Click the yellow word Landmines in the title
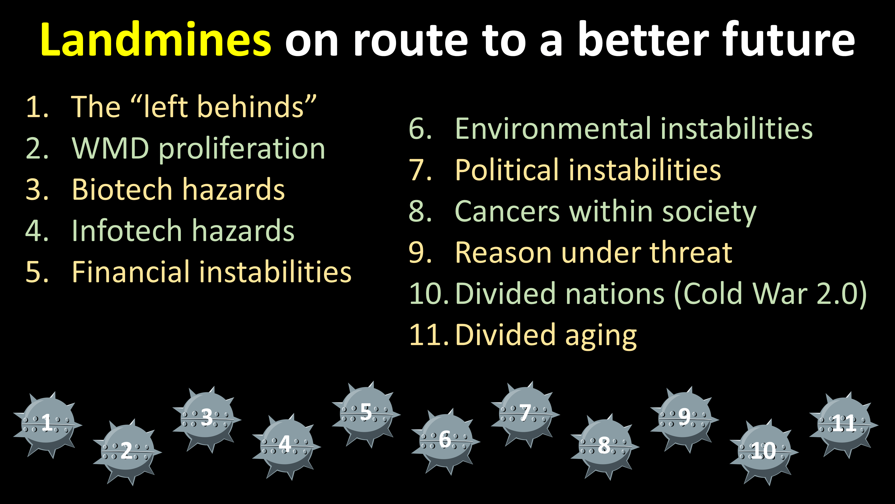[155, 39]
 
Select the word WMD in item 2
[111, 149]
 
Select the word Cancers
[507, 211]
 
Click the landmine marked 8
[605, 446]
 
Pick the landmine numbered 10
[764, 451]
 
